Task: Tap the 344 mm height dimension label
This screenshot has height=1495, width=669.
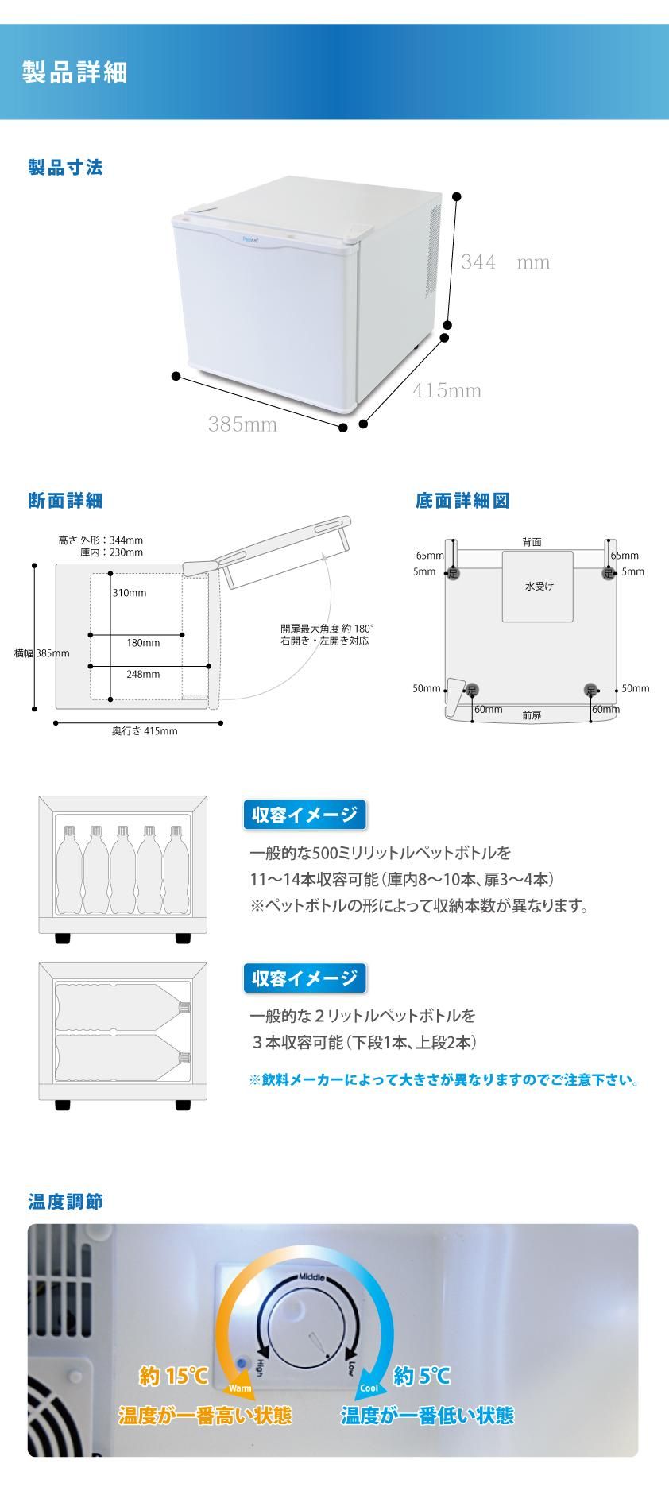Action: [505, 262]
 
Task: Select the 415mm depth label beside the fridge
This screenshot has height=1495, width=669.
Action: [447, 390]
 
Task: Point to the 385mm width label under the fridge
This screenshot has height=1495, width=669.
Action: [242, 424]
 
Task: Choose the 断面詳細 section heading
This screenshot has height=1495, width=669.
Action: [65, 501]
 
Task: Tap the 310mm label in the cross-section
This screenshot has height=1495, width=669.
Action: [129, 593]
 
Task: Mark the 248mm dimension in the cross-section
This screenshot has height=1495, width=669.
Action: [143, 674]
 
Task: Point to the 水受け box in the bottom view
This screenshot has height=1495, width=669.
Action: [538, 587]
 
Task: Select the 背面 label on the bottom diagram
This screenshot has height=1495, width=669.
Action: [532, 542]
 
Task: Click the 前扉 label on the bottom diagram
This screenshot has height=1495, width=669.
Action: [532, 715]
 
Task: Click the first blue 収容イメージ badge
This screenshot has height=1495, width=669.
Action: [304, 815]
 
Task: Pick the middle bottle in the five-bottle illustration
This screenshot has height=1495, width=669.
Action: [122, 870]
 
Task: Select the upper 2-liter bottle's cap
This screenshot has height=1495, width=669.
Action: [184, 1007]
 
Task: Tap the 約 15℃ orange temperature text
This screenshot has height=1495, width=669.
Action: [173, 1376]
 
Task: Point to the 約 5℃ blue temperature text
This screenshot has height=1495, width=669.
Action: [422, 1376]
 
